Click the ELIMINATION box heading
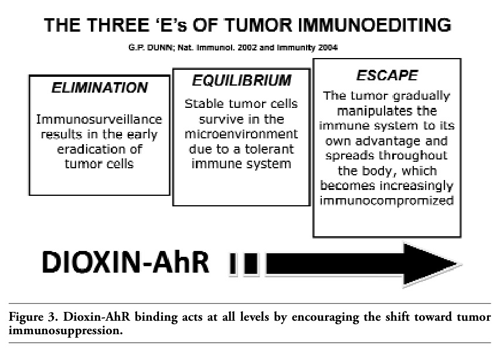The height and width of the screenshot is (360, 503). pyautogui.click(x=100, y=87)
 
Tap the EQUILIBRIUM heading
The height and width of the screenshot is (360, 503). pyautogui.click(x=242, y=80)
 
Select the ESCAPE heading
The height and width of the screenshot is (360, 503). pyautogui.click(x=387, y=76)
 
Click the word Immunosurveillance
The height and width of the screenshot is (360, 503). pyautogui.click(x=99, y=120)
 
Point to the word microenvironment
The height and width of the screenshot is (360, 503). pyautogui.click(x=241, y=134)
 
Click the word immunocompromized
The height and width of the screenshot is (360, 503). pyautogui.click(x=386, y=201)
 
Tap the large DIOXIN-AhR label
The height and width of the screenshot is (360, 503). pyautogui.click(x=125, y=262)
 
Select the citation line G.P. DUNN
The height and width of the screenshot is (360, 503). pyautogui.click(x=233, y=48)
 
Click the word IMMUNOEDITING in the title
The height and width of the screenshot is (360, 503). pyautogui.click(x=375, y=25)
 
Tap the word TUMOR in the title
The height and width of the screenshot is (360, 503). pyautogui.click(x=258, y=25)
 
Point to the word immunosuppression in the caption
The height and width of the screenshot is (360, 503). pyautogui.click(x=66, y=331)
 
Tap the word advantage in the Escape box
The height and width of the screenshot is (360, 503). pyautogui.click(x=388, y=141)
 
